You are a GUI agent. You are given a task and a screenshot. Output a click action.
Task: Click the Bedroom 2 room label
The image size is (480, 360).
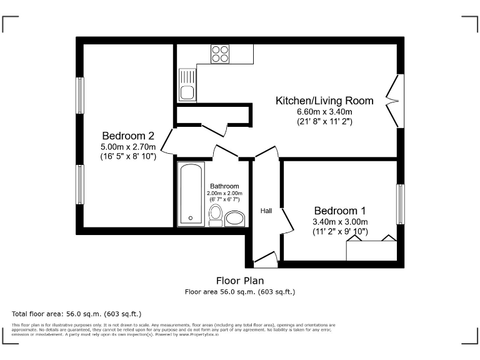(128, 136)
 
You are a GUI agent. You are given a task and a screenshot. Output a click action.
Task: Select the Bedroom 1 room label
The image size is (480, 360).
(340, 211)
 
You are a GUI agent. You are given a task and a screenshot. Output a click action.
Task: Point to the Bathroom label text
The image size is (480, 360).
(224, 186)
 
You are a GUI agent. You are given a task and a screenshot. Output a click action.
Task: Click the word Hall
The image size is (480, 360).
(266, 211)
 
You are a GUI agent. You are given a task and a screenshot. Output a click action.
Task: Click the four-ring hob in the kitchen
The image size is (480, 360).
(219, 54)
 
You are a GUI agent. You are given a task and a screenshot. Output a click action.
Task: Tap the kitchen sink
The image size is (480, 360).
(186, 86)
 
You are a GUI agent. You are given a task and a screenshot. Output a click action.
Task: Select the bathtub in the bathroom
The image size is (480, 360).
(191, 194)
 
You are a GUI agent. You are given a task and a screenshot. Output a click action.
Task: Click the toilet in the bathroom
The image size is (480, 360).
(216, 214)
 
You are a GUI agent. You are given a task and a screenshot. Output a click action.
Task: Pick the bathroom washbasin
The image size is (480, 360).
(234, 218)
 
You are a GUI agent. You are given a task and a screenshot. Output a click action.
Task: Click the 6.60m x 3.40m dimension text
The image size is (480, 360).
(324, 112)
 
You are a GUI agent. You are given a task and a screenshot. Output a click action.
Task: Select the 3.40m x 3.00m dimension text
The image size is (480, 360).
(340, 221)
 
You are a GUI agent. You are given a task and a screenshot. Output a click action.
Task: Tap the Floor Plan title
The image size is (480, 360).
(240, 281)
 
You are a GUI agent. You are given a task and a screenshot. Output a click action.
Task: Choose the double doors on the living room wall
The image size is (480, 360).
(395, 101)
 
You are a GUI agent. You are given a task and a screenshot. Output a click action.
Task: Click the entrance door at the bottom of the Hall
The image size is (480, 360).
(265, 258)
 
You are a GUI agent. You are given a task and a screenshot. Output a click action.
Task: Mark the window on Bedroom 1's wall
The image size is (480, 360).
(400, 204)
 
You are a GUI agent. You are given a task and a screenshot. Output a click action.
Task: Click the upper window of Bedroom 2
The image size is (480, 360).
(80, 95)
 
